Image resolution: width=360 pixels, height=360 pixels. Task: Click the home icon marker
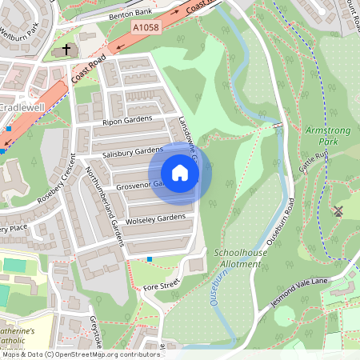180,173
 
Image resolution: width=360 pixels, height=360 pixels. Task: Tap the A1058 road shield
144,26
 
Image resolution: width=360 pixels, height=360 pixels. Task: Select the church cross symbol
66,50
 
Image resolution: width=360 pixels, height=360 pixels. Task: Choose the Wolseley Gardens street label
155,218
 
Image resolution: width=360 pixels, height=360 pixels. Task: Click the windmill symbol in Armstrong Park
338,211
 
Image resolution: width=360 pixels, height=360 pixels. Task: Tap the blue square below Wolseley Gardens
150,258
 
